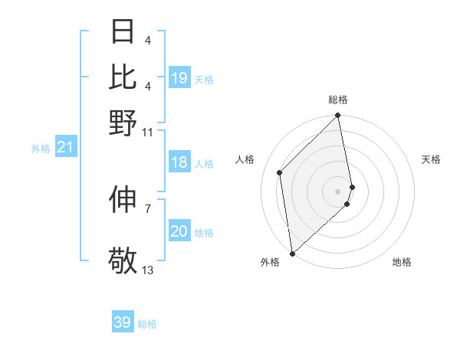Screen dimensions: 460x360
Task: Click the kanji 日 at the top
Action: pyautogui.click(x=123, y=32)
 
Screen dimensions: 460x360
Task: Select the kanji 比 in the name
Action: pyautogui.click(x=123, y=77)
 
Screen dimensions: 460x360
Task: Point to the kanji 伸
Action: pyautogui.click(x=123, y=199)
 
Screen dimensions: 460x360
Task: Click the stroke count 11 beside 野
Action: pyautogui.click(x=148, y=132)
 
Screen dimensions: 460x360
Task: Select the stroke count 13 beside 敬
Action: pyautogui.click(x=148, y=270)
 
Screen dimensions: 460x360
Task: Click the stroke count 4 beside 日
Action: pyautogui.click(x=148, y=39)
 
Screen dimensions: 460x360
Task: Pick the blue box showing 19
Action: pyautogui.click(x=179, y=78)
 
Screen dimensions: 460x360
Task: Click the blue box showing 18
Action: pyautogui.click(x=179, y=162)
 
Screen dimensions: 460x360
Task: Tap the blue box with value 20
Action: pyautogui.click(x=179, y=231)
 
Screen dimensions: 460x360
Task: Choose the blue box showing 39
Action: pyautogui.click(x=123, y=322)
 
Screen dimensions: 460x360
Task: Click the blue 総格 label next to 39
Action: pyautogui.click(x=147, y=324)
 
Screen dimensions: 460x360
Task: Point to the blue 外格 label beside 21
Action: pyautogui.click(x=41, y=149)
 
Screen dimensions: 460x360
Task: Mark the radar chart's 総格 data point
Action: pyautogui.click(x=338, y=116)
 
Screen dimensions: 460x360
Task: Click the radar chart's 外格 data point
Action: pyautogui.click(x=292, y=253)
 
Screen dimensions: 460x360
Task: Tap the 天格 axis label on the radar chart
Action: pyautogui.click(x=431, y=159)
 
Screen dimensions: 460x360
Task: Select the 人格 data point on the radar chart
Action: pyautogui.click(x=280, y=172)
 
